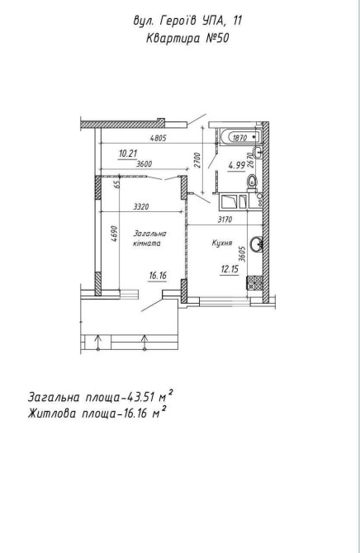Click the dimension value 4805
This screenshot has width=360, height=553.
[158, 139]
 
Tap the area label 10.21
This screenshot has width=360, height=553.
[128, 154]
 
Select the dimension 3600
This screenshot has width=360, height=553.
[144, 164]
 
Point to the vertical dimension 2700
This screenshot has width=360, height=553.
[197, 160]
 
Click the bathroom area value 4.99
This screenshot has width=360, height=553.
[236, 165]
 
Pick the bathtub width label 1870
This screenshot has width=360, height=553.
[239, 138]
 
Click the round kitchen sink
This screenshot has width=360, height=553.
[256, 243]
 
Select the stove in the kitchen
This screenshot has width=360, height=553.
[255, 282]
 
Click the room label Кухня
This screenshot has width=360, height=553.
[222, 243]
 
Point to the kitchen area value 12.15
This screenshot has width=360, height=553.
[230, 269]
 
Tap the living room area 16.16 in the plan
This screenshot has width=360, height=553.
[158, 276]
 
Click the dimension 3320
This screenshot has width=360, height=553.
[141, 207]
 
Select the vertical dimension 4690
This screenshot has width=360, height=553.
[114, 234]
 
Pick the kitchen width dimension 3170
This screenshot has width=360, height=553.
[225, 220]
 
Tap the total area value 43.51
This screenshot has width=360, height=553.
[140, 397]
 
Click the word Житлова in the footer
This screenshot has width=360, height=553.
[51, 413]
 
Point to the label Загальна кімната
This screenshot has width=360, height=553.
[149, 238]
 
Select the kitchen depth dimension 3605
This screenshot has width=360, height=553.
[242, 253]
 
